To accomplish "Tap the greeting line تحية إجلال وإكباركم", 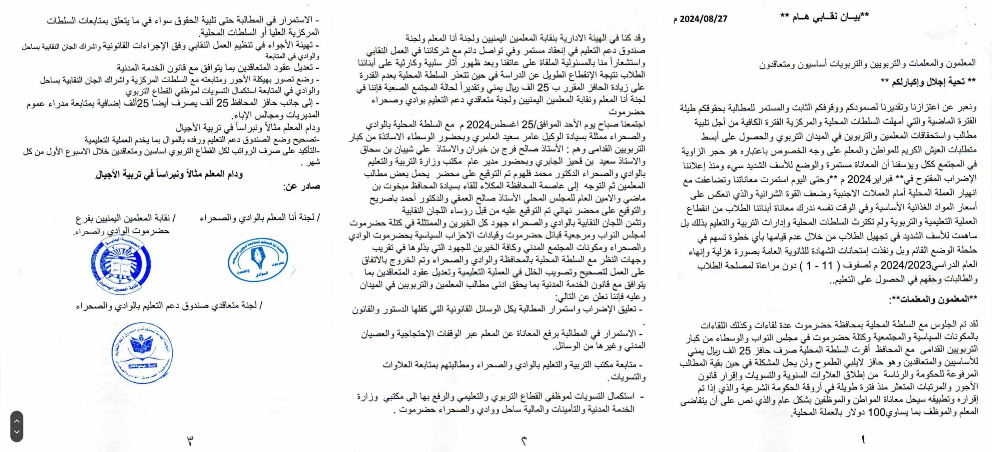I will click(x=928, y=81).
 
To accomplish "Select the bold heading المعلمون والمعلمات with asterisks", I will click(x=933, y=300).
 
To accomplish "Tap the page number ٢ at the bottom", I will click(x=524, y=440).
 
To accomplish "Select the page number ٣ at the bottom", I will click(x=190, y=440).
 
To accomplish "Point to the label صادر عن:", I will click(x=302, y=186).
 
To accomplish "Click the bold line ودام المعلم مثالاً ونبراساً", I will click(x=169, y=174).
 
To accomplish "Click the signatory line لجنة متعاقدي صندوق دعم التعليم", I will click(x=169, y=306).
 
